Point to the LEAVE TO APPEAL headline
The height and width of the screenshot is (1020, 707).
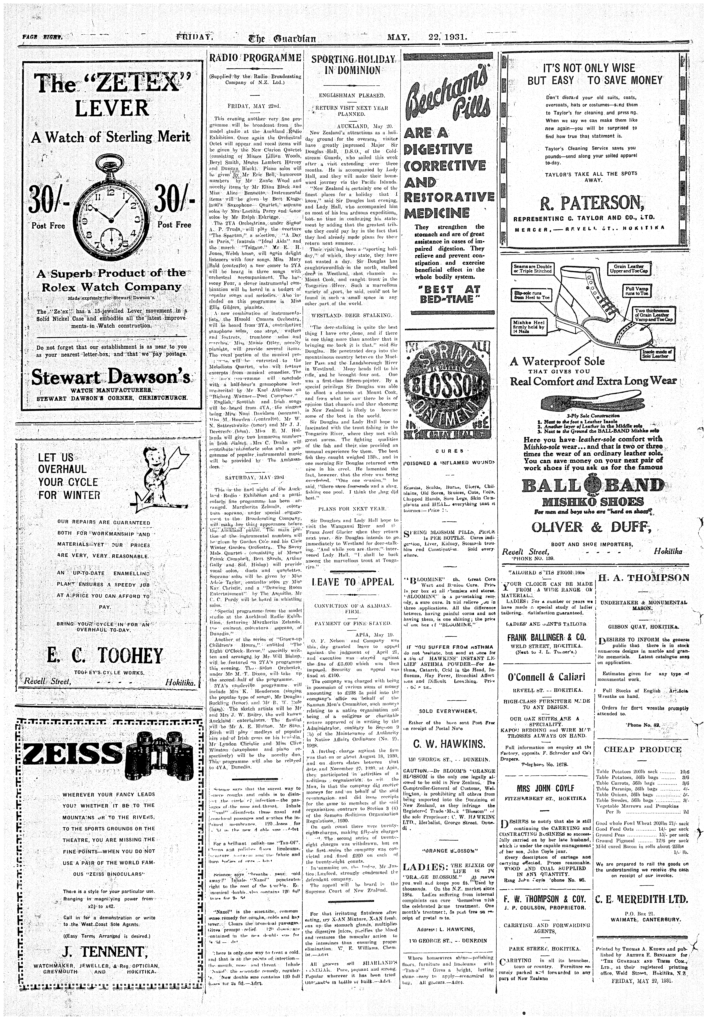(x=353, y=581)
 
